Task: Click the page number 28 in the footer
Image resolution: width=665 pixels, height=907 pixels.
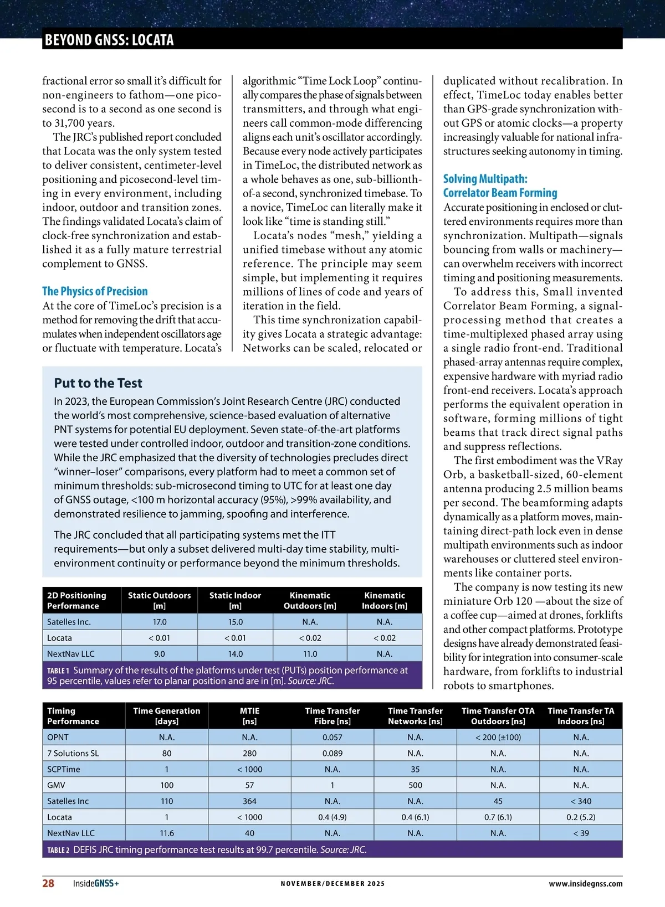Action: point(48,883)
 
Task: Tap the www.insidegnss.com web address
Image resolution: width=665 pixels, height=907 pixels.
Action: point(585,884)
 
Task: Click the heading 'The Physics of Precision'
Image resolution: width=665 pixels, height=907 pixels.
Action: point(95,291)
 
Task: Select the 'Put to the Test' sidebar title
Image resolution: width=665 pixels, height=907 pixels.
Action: point(98,383)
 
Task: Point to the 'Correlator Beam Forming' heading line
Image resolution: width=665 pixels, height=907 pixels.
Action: point(500,193)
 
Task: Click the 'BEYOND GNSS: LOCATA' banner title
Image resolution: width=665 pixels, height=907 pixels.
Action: point(109,40)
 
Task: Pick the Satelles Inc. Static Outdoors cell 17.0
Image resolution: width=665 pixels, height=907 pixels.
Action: point(160,622)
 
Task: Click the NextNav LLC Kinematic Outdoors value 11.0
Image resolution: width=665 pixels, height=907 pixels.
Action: point(310,654)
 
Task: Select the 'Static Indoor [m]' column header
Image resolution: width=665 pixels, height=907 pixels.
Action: point(235,600)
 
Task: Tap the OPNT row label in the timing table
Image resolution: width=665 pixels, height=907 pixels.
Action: point(58,738)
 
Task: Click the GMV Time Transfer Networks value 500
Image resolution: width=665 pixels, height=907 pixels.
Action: point(415,785)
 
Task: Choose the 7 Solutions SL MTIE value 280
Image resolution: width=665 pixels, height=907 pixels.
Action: point(249,754)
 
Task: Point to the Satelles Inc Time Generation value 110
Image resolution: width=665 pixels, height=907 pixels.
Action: point(167,801)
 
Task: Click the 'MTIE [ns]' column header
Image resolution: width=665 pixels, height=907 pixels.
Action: point(249,716)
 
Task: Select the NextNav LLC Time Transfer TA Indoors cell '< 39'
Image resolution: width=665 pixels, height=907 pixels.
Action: point(581,833)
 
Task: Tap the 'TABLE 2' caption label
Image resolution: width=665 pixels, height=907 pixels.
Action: point(58,850)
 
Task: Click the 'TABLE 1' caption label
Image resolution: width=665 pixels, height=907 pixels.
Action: point(58,671)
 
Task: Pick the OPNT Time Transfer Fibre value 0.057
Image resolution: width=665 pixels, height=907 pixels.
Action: point(332,738)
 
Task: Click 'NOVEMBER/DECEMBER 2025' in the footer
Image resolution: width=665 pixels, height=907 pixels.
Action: point(332,884)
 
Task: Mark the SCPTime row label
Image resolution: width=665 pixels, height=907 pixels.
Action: point(64,770)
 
